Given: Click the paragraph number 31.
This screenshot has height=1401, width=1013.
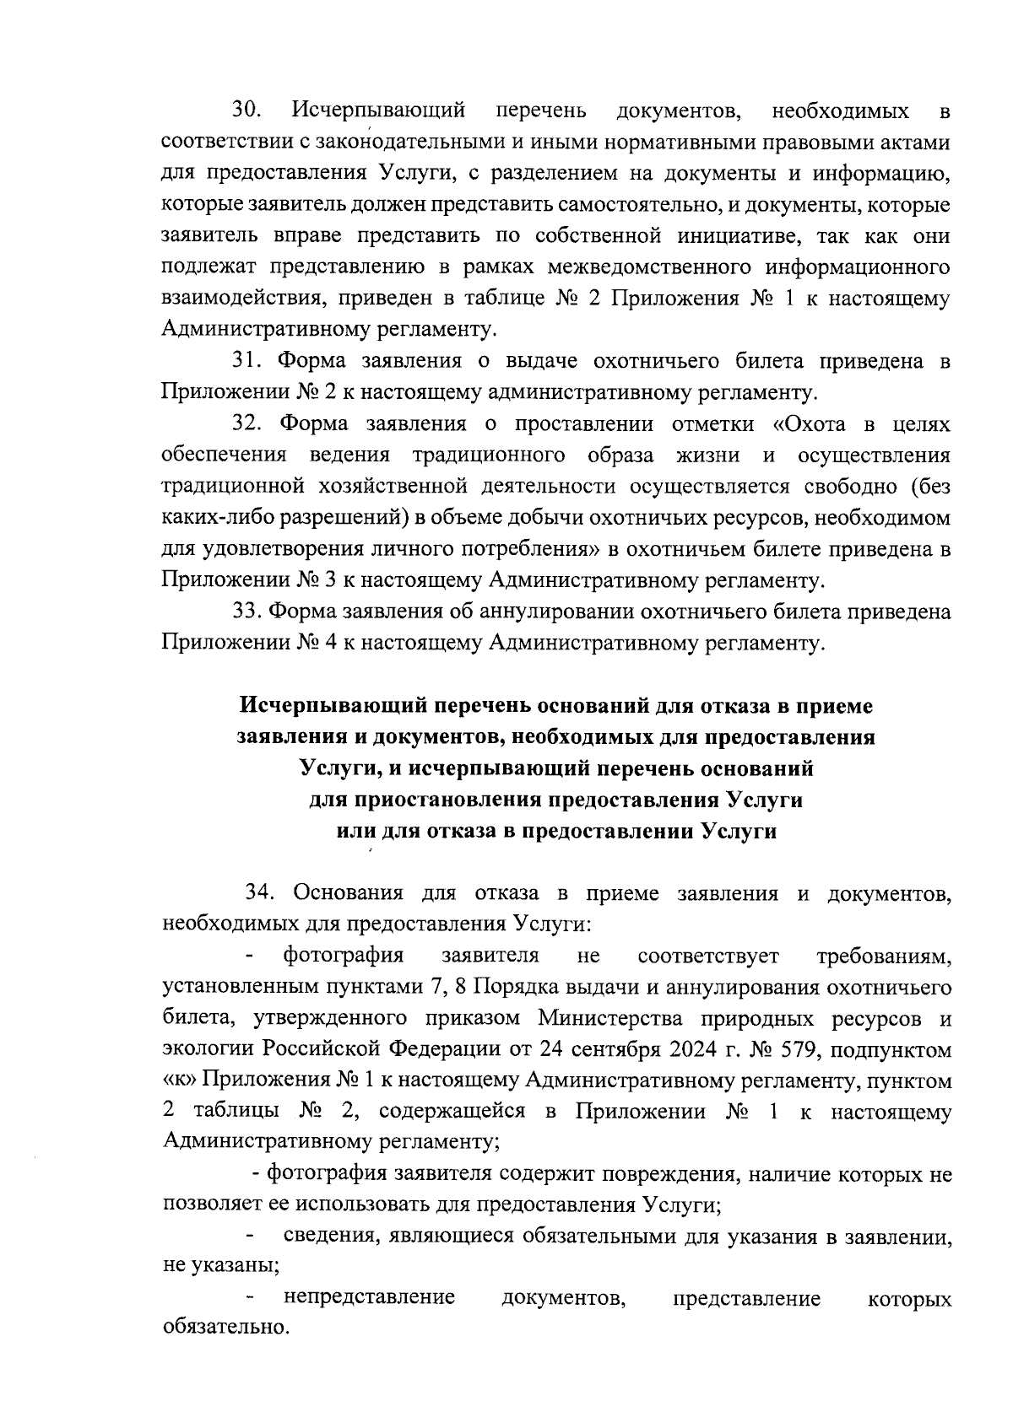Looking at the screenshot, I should point(246,361).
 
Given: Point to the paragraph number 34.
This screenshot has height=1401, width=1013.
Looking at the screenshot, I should point(259,893).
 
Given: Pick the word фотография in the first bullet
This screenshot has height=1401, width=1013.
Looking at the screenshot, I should point(343,956).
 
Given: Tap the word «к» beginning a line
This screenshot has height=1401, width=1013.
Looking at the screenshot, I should point(176,1081).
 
